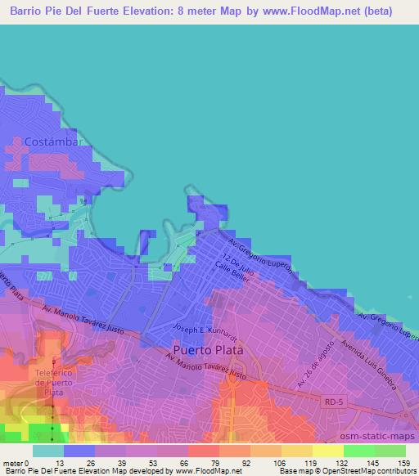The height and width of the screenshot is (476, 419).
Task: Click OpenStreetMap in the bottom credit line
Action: tap(370, 470)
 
